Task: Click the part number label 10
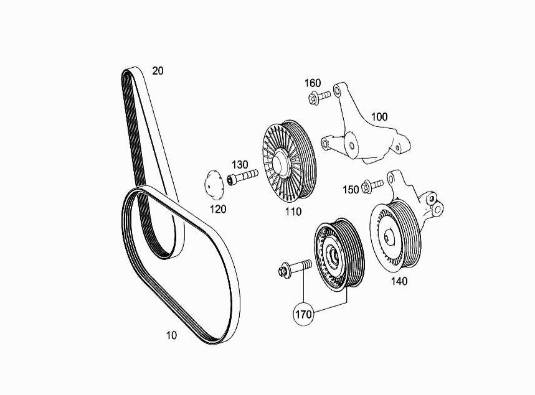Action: point(172,335)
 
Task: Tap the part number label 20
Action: point(158,71)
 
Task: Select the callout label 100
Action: point(379,117)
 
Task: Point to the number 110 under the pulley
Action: point(293,211)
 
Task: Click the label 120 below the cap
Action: point(218,209)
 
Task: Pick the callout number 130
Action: point(240,165)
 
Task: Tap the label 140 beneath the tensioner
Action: point(399,281)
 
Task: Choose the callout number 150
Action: point(351,190)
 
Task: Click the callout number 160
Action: point(313,83)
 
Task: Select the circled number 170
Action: point(303,314)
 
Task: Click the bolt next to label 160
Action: point(320,97)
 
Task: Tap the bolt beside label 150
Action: point(372,186)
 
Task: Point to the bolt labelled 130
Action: point(243,177)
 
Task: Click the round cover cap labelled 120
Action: point(214,184)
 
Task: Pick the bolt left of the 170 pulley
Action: point(295,268)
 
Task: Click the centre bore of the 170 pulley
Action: point(334,255)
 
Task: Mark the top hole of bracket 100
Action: point(337,91)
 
